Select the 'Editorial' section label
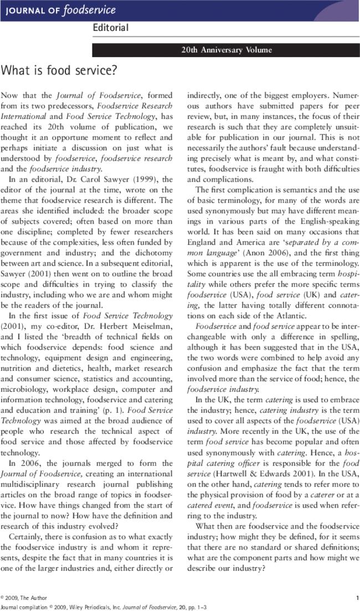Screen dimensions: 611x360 coord(110,28)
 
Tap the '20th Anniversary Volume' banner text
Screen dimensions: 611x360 coord(227,50)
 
